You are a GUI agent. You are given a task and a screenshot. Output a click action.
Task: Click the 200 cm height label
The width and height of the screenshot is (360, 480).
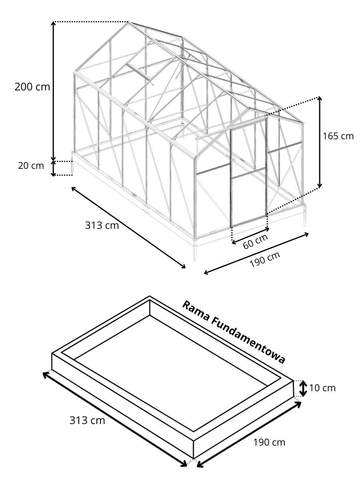click(x=32, y=87)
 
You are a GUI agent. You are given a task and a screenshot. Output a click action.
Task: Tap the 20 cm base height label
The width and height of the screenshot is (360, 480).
click(x=31, y=166)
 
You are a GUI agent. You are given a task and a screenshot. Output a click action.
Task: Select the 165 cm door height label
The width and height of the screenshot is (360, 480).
click(x=338, y=136)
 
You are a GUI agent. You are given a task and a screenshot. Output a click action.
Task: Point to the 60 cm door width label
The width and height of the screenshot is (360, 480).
click(x=255, y=241)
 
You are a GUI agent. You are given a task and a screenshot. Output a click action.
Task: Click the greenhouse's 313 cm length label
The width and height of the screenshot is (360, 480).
click(x=102, y=225)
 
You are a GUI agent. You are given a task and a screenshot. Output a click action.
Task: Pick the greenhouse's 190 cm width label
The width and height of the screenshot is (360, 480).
click(x=265, y=260)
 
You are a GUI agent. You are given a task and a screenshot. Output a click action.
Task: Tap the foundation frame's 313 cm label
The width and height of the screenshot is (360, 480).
click(x=87, y=420)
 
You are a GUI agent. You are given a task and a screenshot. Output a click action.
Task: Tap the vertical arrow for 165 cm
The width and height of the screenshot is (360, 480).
click(x=320, y=142)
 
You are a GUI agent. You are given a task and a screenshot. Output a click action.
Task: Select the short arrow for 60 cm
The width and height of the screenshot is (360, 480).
click(x=250, y=236)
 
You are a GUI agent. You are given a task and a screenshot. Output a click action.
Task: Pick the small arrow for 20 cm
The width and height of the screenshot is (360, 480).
click(x=53, y=168)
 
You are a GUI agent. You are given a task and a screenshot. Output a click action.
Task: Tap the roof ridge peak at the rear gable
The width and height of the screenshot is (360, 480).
click(x=128, y=22)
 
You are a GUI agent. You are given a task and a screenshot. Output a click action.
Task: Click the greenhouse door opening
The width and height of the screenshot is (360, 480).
click(x=248, y=173)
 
